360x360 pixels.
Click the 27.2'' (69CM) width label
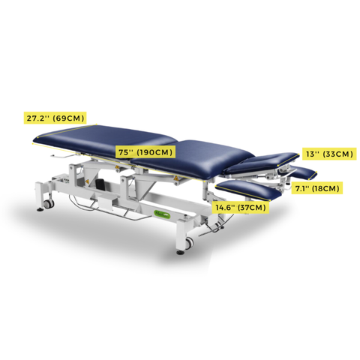55,118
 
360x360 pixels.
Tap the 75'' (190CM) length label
145,152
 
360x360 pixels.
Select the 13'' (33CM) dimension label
328,154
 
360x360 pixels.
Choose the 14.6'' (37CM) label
241,207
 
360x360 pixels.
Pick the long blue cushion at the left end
105,137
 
